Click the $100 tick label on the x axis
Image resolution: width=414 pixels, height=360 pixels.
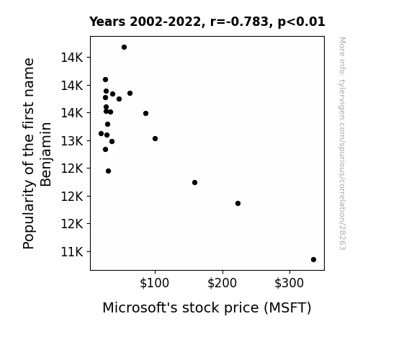pos(154,283)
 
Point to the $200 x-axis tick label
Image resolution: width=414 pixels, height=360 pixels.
pos(222,283)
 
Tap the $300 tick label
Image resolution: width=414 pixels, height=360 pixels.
pos(289,283)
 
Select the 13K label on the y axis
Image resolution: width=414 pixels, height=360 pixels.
pos(72,141)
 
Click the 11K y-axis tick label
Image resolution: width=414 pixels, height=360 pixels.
pos(72,252)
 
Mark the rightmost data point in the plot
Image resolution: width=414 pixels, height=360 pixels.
pos(313,259)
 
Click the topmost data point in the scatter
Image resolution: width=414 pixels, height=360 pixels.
pos(124,47)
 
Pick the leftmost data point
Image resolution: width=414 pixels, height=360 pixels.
pos(101,133)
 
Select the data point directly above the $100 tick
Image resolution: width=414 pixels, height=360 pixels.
pos(155,138)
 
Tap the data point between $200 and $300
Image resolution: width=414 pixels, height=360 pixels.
pos(238,203)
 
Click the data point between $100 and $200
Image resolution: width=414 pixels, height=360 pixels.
pos(194,182)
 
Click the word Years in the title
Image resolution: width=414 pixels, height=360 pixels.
pos(107,22)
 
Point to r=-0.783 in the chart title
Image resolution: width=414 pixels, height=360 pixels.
pos(239,22)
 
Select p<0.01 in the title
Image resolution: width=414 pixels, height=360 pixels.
pos(301,22)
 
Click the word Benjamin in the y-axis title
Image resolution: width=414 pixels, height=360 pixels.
pos(45,154)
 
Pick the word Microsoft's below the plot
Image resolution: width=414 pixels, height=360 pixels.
pos(140,307)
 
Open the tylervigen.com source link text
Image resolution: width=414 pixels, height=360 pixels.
pos(343,143)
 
